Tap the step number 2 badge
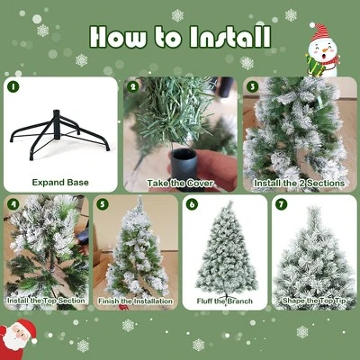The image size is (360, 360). pos(133,87)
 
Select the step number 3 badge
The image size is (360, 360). pos(252,87)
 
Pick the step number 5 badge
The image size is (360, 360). pos(102,204)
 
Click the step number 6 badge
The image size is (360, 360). pos(192,204)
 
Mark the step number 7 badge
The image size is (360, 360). pos(281,204)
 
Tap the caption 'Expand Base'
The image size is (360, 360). pos(60,182)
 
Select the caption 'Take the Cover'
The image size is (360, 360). pos(179,182)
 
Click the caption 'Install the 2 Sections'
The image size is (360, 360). pos(299,182)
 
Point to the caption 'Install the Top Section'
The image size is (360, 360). pos(46,300)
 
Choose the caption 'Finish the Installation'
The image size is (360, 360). pos(135,300)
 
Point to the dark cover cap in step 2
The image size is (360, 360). pos(184,164)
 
